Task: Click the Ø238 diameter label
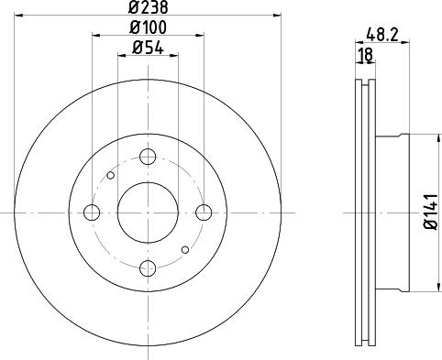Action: (149, 7)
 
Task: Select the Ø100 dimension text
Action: (149, 27)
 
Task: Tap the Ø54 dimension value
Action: (148, 48)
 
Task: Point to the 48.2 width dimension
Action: (382, 35)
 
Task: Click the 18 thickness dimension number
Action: (366, 55)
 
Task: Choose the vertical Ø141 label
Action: (430, 212)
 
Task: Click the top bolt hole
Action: (148, 157)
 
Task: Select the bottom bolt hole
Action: (148, 268)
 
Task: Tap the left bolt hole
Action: (92, 213)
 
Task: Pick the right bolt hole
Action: (204, 213)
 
